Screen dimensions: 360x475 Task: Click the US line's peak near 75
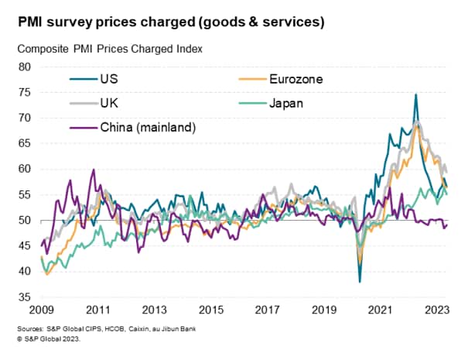(416, 94)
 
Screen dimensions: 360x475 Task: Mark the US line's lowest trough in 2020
(360, 282)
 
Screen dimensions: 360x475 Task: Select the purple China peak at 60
(94, 170)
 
